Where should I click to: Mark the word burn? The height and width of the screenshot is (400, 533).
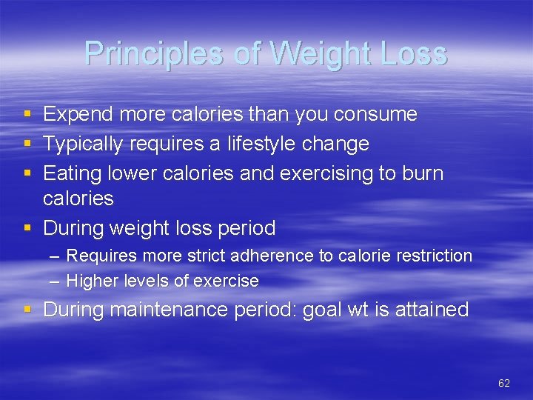pos(423,173)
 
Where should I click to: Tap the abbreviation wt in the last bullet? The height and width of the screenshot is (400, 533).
pos(358,309)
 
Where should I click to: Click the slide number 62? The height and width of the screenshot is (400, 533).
pos(504,383)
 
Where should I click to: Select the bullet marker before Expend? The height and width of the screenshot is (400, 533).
pos(27,115)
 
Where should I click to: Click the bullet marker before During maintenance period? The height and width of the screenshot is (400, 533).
pos(27,310)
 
